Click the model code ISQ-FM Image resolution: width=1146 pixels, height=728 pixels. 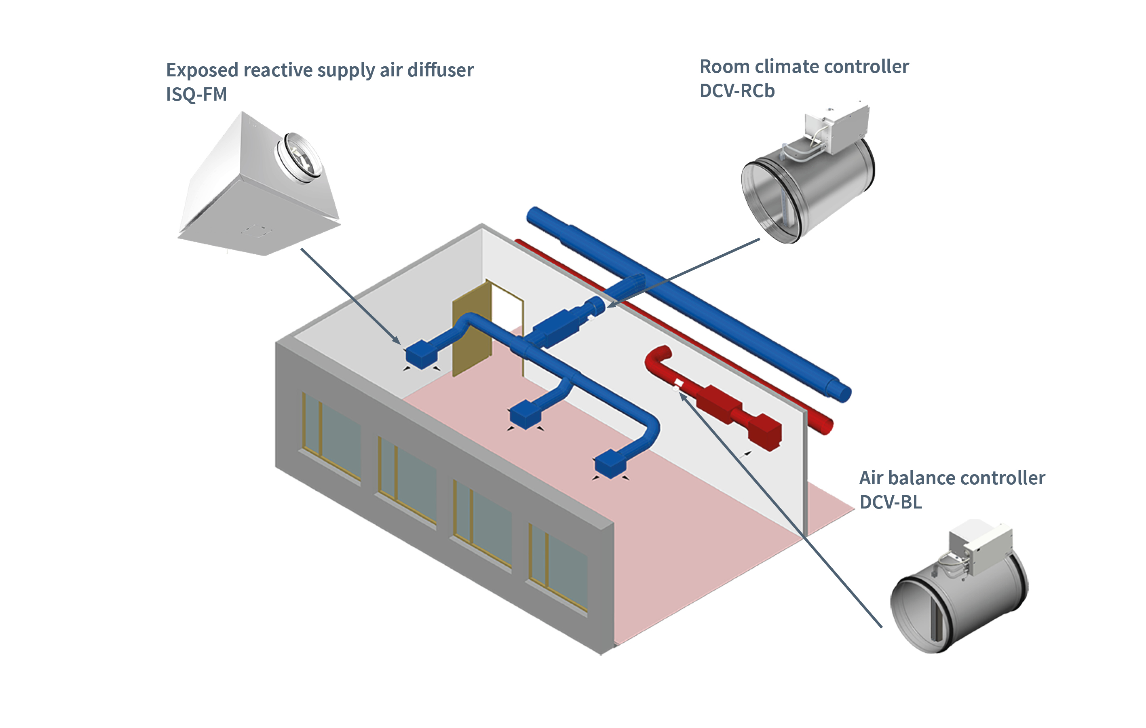pos(196,94)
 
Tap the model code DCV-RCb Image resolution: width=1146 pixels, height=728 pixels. pos(737,91)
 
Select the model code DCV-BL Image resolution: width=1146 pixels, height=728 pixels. pos(891,502)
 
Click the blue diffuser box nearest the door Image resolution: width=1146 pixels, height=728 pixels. pos(421,355)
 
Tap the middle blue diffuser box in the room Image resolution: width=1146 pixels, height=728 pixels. pos(525,414)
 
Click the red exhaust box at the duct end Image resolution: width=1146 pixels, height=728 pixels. pos(764,432)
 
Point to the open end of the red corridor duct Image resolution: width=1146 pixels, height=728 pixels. pos(826,426)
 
